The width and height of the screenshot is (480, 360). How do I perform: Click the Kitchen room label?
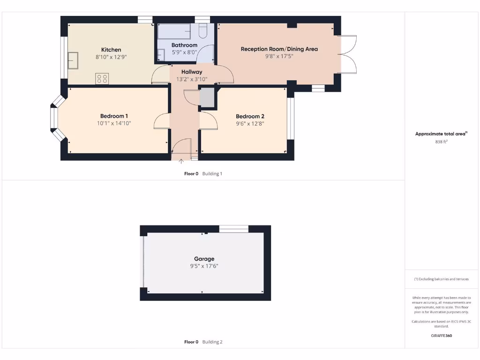point(111,50)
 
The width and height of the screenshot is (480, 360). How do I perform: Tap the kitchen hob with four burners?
point(102,79)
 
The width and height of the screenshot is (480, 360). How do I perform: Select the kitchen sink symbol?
point(73,60)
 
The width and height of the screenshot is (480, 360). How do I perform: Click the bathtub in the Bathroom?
point(174,32)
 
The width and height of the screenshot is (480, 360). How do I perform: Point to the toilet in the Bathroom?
point(203,31)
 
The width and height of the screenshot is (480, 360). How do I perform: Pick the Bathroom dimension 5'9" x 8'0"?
point(184,52)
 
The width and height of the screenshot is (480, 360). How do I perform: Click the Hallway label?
point(192,72)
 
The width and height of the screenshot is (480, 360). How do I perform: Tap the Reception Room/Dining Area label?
point(279,49)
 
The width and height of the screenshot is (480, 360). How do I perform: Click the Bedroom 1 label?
point(114,116)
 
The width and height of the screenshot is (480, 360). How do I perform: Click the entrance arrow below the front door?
point(181,162)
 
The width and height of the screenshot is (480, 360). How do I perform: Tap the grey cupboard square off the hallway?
point(207,98)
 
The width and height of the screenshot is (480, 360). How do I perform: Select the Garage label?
point(204,259)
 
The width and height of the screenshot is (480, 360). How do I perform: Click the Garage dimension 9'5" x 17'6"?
point(204,266)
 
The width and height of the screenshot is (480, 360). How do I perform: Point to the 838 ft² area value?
point(441,141)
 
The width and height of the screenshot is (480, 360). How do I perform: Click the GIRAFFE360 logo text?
point(441,336)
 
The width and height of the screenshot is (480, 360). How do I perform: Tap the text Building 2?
point(212,342)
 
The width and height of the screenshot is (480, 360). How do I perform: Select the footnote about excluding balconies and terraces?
point(441,279)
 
